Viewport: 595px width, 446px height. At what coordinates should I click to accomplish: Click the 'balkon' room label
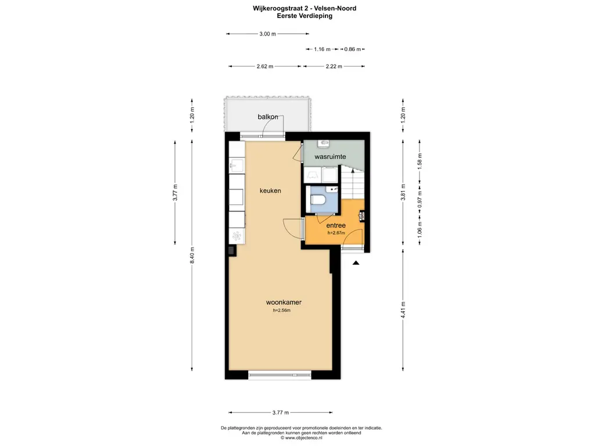pos(268,117)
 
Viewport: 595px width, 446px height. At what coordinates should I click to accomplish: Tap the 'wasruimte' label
pos(330,156)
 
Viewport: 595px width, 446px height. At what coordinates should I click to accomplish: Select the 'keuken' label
pos(270,190)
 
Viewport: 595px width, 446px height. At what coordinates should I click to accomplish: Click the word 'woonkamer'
pos(284,302)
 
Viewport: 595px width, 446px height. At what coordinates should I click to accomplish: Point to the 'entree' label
pos(336,225)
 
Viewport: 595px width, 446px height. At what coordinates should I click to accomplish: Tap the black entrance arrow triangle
pos(356,262)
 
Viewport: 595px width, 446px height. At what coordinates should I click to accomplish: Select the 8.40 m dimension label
pos(192,256)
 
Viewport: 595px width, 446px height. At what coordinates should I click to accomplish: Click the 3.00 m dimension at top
pos(267,34)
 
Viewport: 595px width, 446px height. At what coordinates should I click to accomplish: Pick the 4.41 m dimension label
pos(403,310)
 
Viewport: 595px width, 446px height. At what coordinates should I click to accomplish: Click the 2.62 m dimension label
pos(265,66)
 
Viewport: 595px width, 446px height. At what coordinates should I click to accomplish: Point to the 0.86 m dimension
pos(353,49)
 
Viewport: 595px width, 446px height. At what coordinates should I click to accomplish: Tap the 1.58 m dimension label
pos(420,161)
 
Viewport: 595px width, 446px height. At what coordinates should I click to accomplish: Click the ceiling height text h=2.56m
pos(282,311)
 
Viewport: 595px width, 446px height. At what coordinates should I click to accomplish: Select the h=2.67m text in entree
pos(336,233)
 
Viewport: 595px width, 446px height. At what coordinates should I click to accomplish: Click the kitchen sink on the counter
pos(236,166)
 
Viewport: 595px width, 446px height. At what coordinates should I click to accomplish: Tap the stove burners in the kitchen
pos(237,236)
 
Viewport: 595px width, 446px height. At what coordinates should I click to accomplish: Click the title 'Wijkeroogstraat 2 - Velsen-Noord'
pos(304,8)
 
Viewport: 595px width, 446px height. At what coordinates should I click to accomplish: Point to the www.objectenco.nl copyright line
pos(302,438)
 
